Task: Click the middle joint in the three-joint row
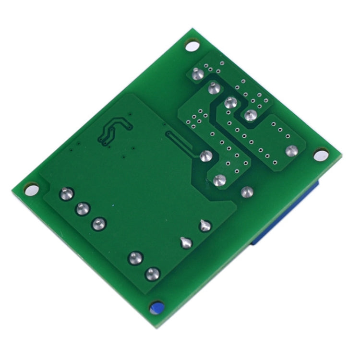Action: click(x=83, y=208)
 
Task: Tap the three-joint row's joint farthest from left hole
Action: click(x=99, y=223)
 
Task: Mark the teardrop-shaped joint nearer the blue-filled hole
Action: click(x=186, y=242)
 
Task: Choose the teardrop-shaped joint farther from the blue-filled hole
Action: click(x=205, y=225)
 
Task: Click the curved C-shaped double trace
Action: click(x=113, y=129)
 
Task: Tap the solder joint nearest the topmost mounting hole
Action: click(x=196, y=74)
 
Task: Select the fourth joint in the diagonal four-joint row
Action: click(x=250, y=115)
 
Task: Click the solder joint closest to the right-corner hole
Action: click(x=291, y=150)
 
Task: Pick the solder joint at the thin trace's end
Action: click(x=205, y=156)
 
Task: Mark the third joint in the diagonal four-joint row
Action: click(x=231, y=102)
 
